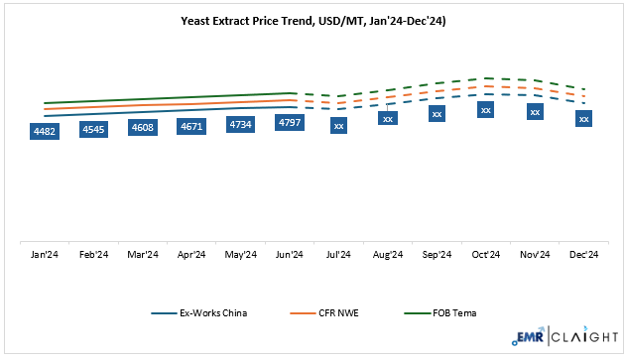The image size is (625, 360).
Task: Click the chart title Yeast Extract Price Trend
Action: click(312, 19)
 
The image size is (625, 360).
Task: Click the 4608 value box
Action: click(144, 127)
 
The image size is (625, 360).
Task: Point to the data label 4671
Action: click(192, 126)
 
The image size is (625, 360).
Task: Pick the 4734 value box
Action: click(241, 124)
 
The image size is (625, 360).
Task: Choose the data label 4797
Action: click(290, 123)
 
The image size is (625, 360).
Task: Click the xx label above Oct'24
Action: click(485, 110)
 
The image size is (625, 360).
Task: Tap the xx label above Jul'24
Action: click(338, 126)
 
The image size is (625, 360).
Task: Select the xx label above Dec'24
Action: click(583, 119)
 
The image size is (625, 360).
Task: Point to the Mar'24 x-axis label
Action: click(144, 255)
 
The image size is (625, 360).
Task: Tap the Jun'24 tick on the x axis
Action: click(290, 255)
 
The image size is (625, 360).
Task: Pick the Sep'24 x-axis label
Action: click(436, 255)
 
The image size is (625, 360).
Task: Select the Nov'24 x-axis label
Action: click(534, 255)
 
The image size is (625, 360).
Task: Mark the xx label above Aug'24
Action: click(387, 119)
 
